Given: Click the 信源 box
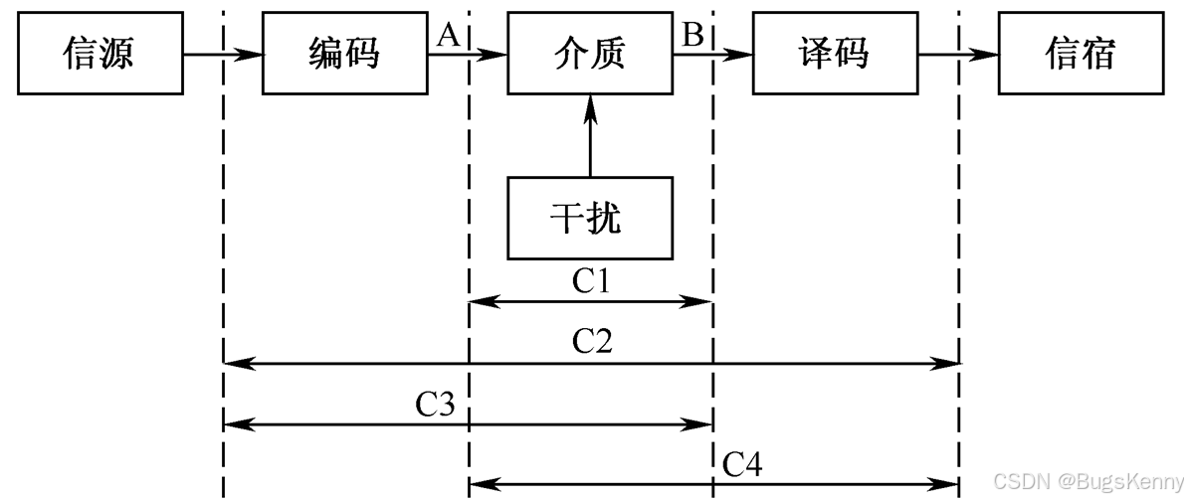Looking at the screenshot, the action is pyautogui.click(x=100, y=53).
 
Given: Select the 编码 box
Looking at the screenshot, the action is pyautogui.click(x=345, y=53).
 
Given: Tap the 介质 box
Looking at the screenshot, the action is pyautogui.click(x=590, y=53).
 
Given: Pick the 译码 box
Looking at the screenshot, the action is pyautogui.click(x=835, y=53).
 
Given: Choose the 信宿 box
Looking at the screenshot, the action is pyautogui.click(x=1081, y=53).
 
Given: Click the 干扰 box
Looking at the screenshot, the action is pyautogui.click(x=590, y=218).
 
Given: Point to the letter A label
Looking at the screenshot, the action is pyautogui.click(x=450, y=34).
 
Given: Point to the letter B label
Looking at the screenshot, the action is pyautogui.click(x=693, y=34).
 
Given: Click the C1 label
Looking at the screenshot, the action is pyautogui.click(x=591, y=281).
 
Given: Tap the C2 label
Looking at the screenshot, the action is pyautogui.click(x=592, y=342).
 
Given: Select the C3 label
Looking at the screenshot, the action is pyautogui.click(x=436, y=405).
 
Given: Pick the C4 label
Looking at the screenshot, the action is pyautogui.click(x=741, y=464).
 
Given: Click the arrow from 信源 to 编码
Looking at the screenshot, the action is pyautogui.click(x=223, y=54).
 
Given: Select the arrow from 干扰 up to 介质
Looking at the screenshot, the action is pyautogui.click(x=590, y=136).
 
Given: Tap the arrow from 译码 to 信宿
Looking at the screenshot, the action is pyautogui.click(x=958, y=54).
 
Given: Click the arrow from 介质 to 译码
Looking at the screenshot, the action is pyautogui.click(x=713, y=54).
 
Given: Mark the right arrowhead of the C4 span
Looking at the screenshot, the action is pyautogui.click(x=944, y=483).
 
